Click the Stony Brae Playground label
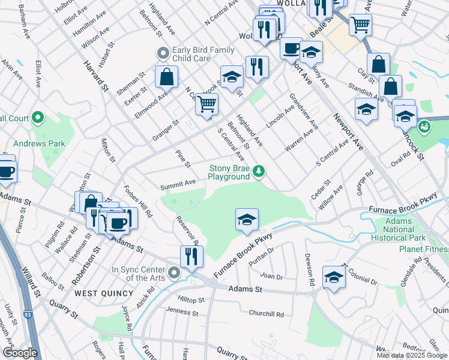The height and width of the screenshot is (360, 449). pos(229,173)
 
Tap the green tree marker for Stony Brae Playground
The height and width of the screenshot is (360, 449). pos(259,172)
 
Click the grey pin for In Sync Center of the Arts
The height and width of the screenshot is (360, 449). pos(174,274)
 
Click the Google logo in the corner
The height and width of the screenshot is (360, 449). pos(20,353)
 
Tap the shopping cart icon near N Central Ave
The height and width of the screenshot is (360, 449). pos(206,104)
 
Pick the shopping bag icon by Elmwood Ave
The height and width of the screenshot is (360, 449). pos(166,77)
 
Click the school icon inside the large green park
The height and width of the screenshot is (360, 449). pos(247,220)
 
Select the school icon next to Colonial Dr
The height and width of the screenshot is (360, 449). pos(334,277)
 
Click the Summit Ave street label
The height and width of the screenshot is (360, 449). pos(178,182)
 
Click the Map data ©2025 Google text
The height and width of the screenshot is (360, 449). pos(412,355)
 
